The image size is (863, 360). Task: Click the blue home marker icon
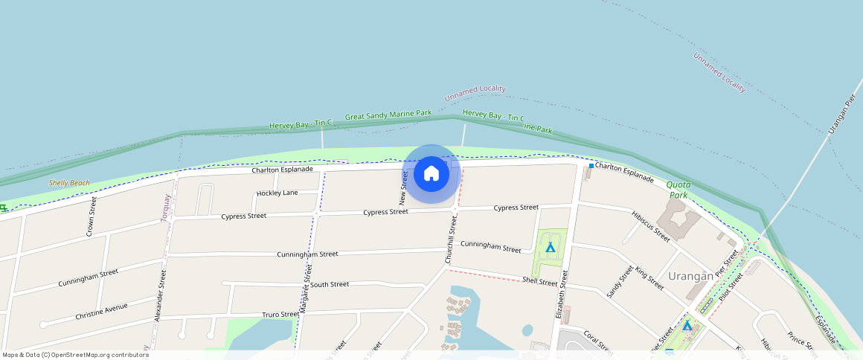[x=431, y=174]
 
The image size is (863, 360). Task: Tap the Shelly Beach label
[x=69, y=183]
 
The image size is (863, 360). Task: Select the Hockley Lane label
[x=277, y=193]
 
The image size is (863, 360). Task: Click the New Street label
[x=404, y=187]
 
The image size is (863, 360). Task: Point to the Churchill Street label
[x=450, y=240]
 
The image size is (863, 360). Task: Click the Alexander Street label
[x=160, y=296]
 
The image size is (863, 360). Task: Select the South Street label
[x=330, y=284]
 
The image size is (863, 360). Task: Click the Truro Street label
[x=280, y=315]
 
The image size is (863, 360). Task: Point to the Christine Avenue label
[x=101, y=312]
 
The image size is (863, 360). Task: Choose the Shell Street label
[x=539, y=281]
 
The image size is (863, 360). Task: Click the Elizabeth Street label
[x=563, y=295]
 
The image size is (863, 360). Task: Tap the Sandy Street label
[x=620, y=282]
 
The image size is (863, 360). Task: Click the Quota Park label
[x=678, y=190]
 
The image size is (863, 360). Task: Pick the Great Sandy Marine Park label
[x=388, y=115]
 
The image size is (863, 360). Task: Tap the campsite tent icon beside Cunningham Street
[x=551, y=247]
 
